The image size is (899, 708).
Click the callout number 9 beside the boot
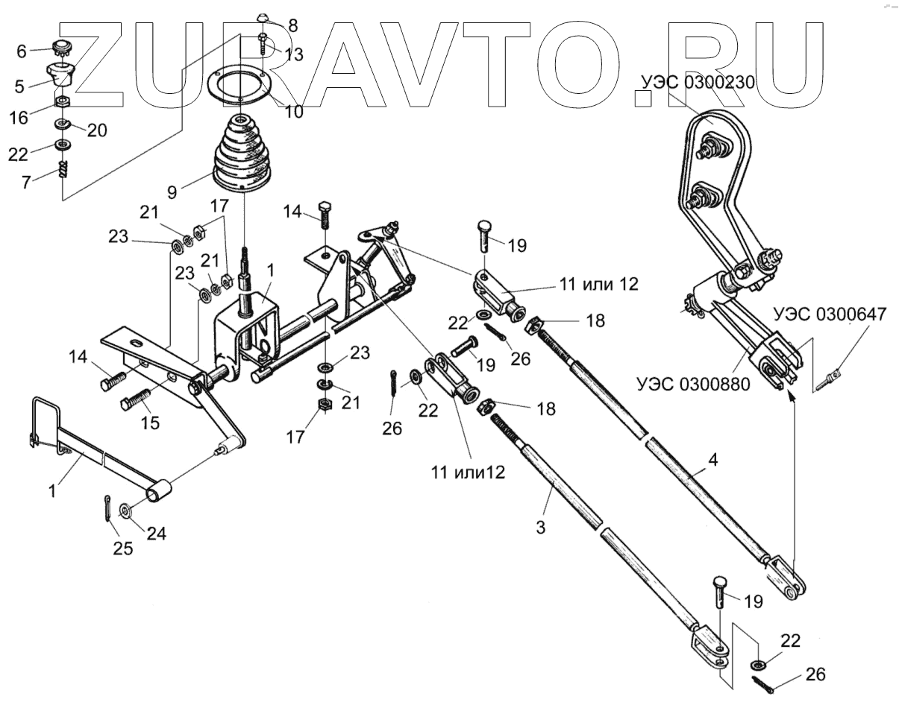click(172, 192)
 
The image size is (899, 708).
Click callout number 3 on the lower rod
click(541, 527)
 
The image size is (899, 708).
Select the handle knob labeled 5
click(61, 75)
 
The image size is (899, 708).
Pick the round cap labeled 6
click(60, 51)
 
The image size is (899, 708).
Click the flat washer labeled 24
click(124, 511)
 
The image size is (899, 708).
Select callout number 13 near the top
click(293, 54)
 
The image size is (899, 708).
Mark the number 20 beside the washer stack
click(96, 130)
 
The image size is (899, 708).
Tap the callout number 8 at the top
click(292, 26)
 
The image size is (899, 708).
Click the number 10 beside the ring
click(293, 112)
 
